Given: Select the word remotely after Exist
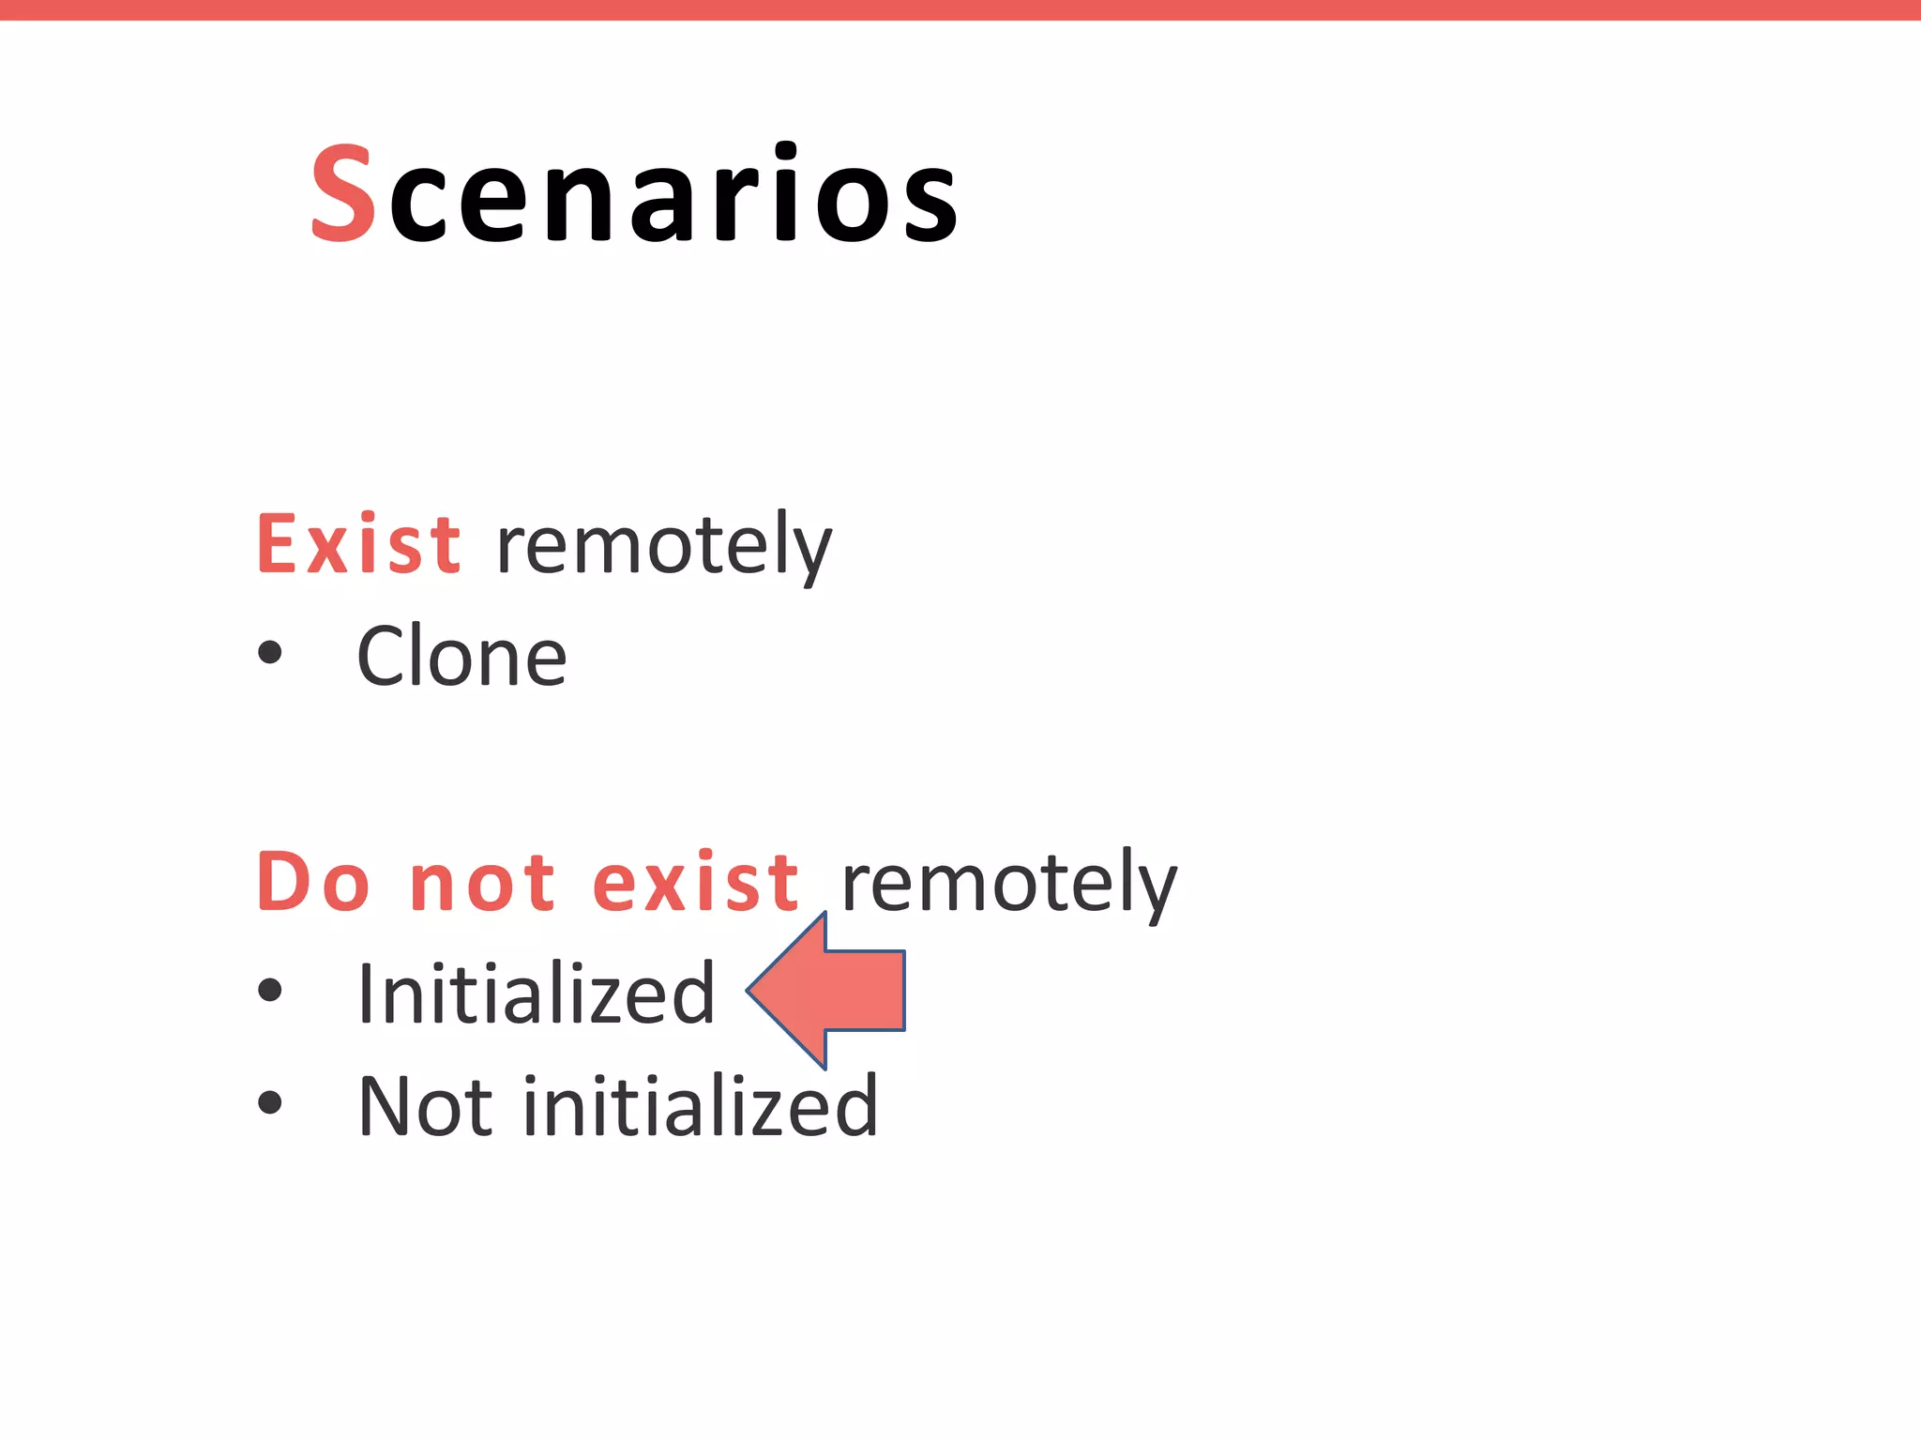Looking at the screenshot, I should (x=663, y=546).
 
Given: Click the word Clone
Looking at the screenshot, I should (x=461, y=657).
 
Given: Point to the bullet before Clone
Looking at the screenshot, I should (x=270, y=652).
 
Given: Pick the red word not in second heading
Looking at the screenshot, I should (x=483, y=884).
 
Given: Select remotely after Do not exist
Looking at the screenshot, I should (x=1008, y=884).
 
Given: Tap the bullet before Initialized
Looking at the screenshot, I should (x=270, y=990).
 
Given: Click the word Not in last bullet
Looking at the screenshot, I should (x=425, y=1107).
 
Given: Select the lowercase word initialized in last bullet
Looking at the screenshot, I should (x=700, y=1107).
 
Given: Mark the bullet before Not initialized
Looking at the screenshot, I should (x=270, y=1102).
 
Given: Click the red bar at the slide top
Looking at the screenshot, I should (x=960, y=9).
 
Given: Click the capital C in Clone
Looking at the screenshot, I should (x=385, y=657).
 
